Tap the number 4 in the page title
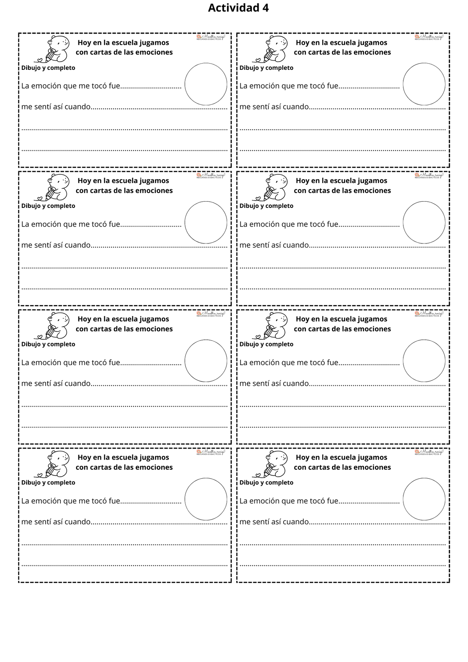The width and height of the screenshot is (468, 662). point(266,8)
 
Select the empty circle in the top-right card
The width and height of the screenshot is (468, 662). point(424,84)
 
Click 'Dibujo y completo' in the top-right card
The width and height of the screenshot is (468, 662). point(266,68)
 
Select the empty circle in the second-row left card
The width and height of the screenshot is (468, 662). point(206,222)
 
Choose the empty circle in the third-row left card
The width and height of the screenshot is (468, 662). point(206,361)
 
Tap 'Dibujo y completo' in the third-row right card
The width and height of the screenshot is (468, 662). point(266,344)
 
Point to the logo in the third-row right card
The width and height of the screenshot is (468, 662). point(429,314)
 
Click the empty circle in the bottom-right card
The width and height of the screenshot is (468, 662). point(424,499)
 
